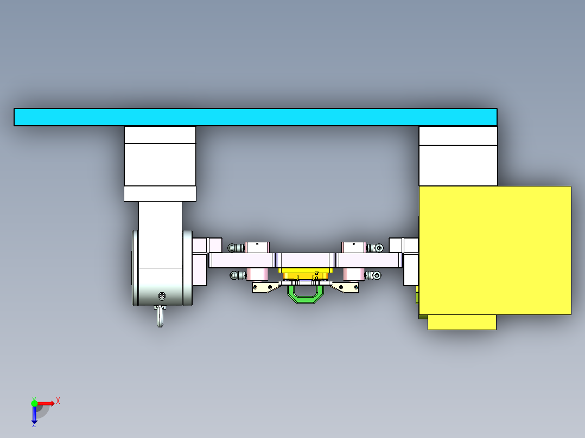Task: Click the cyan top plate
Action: [x=255, y=117]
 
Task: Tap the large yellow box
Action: [x=494, y=250]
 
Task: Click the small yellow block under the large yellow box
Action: [x=462, y=322]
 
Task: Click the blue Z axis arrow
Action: [x=34, y=415]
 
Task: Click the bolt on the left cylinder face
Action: [x=161, y=296]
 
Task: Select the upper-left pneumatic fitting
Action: [x=235, y=248]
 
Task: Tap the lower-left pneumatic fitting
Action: [x=236, y=275]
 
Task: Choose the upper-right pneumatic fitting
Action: [x=376, y=248]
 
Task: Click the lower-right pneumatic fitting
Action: [x=374, y=275]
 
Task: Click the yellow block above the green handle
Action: [x=305, y=270]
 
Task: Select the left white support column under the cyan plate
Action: [x=160, y=163]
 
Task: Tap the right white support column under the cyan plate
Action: [x=458, y=157]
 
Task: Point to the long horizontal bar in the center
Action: [x=306, y=261]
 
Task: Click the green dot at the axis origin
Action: [x=34, y=403]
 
